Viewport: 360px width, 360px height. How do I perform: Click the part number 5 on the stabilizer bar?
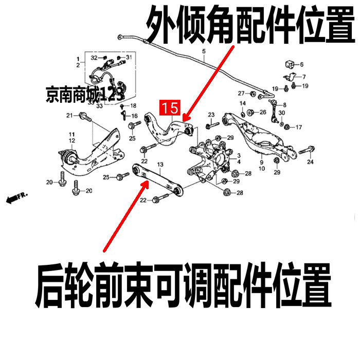point(203,51)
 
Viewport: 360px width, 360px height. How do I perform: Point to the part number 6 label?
point(301,65)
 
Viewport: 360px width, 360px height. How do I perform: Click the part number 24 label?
point(310,163)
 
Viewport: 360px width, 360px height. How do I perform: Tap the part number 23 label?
point(211,114)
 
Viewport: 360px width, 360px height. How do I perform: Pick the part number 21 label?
point(69,115)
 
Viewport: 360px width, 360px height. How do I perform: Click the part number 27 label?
point(240,93)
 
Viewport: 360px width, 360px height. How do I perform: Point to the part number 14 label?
point(243,104)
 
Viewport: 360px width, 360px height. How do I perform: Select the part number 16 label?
point(134,116)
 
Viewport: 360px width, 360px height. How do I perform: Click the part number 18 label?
point(133,105)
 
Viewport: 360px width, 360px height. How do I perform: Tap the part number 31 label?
point(129,57)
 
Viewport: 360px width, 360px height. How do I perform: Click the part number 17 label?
point(299,127)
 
